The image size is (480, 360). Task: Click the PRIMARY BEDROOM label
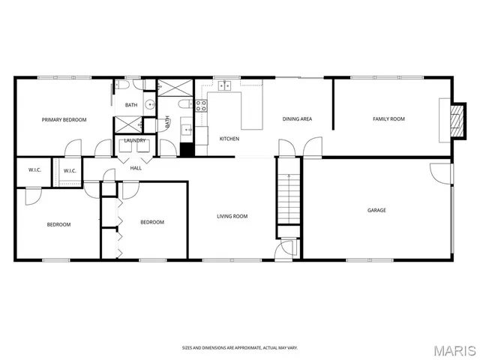pyautogui.click(x=64, y=119)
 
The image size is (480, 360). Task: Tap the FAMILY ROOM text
pyautogui.click(x=388, y=119)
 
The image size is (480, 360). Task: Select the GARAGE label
pyautogui.click(x=376, y=210)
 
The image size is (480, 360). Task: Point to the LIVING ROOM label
pyautogui.click(x=232, y=217)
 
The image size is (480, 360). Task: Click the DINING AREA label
pyautogui.click(x=297, y=119)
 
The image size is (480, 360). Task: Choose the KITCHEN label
pyautogui.click(x=229, y=139)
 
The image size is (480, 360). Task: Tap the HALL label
pyautogui.click(x=136, y=168)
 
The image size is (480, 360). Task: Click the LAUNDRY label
pyautogui.click(x=135, y=140)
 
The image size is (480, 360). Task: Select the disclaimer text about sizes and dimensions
pyautogui.click(x=239, y=347)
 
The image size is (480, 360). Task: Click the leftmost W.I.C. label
pyautogui.click(x=34, y=170)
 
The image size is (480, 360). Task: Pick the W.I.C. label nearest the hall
pyautogui.click(x=70, y=171)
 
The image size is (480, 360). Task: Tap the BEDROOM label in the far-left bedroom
pyautogui.click(x=58, y=224)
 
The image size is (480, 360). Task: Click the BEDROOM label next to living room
pyautogui.click(x=152, y=222)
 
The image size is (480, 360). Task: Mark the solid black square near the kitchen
pyautogui.click(x=187, y=149)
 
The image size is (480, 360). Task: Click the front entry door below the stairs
pyautogui.click(x=285, y=250)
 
